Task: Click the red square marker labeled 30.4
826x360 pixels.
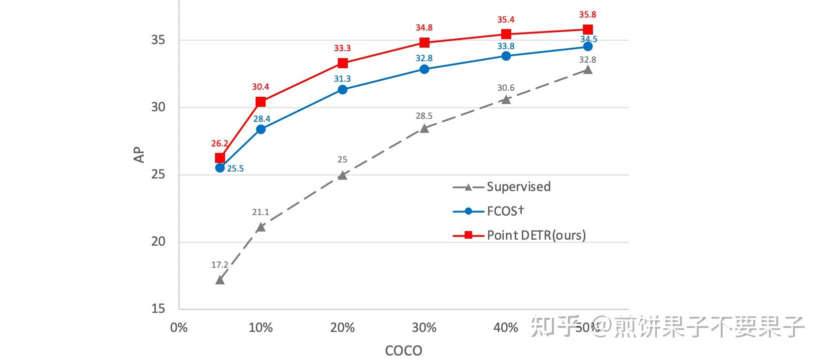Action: [x=261, y=102]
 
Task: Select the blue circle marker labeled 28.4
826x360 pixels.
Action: [x=261, y=129]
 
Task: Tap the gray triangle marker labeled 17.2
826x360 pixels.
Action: [x=220, y=280]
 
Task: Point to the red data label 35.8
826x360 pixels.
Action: [x=588, y=15]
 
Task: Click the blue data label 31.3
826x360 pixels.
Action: [x=342, y=79]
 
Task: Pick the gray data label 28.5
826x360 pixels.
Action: [x=424, y=116]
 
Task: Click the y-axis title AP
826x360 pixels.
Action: [x=139, y=155]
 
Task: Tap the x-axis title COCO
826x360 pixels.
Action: [x=403, y=350]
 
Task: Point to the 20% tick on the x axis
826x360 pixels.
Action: [x=342, y=328]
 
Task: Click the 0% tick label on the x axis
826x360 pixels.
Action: [x=179, y=328]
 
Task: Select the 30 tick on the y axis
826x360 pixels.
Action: [x=158, y=107]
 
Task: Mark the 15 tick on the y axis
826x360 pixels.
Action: [x=158, y=309]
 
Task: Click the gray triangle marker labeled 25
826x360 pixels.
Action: [x=342, y=175]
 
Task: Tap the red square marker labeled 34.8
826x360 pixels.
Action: [x=424, y=43]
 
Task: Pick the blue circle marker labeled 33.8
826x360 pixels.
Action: [x=506, y=56]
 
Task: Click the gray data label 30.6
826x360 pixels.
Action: [x=506, y=88]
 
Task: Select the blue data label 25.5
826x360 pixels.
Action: [x=235, y=168]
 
